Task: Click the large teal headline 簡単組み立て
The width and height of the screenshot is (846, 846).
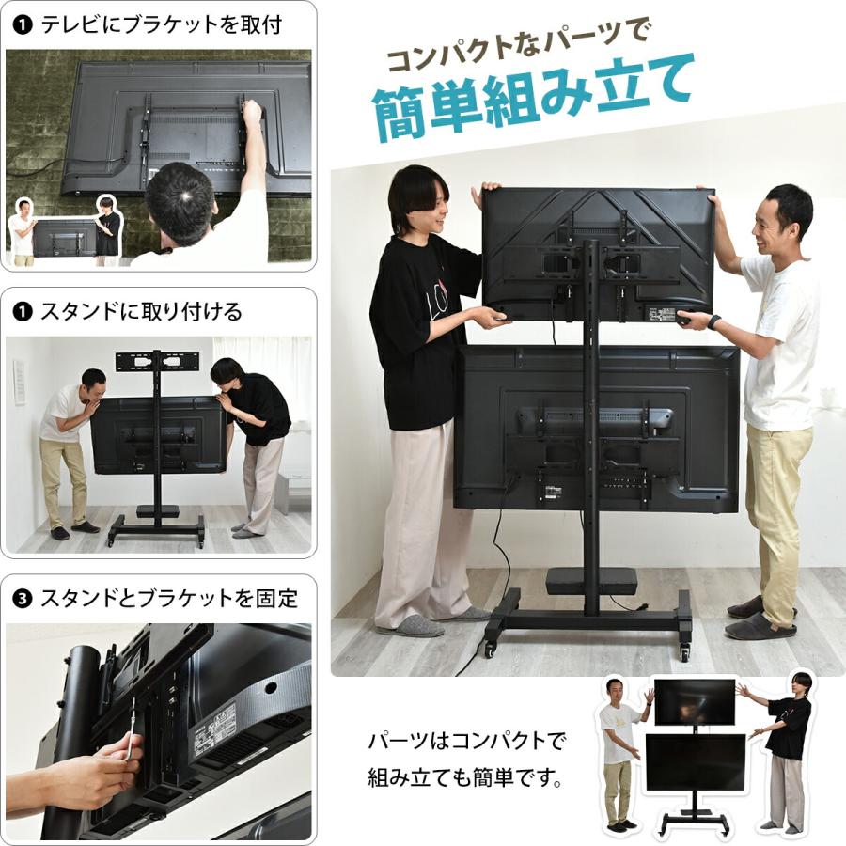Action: [534, 97]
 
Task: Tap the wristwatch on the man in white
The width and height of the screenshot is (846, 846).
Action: [713, 321]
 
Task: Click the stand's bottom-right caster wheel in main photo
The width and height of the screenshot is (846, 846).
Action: [683, 650]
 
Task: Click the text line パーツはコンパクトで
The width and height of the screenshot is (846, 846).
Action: [467, 742]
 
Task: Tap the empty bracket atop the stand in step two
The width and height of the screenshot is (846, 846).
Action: [157, 362]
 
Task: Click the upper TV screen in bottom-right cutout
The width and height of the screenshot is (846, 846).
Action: [694, 701]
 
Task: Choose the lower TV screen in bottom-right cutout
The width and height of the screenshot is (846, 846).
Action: [694, 761]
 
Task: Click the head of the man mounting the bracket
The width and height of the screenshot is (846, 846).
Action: [182, 200]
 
